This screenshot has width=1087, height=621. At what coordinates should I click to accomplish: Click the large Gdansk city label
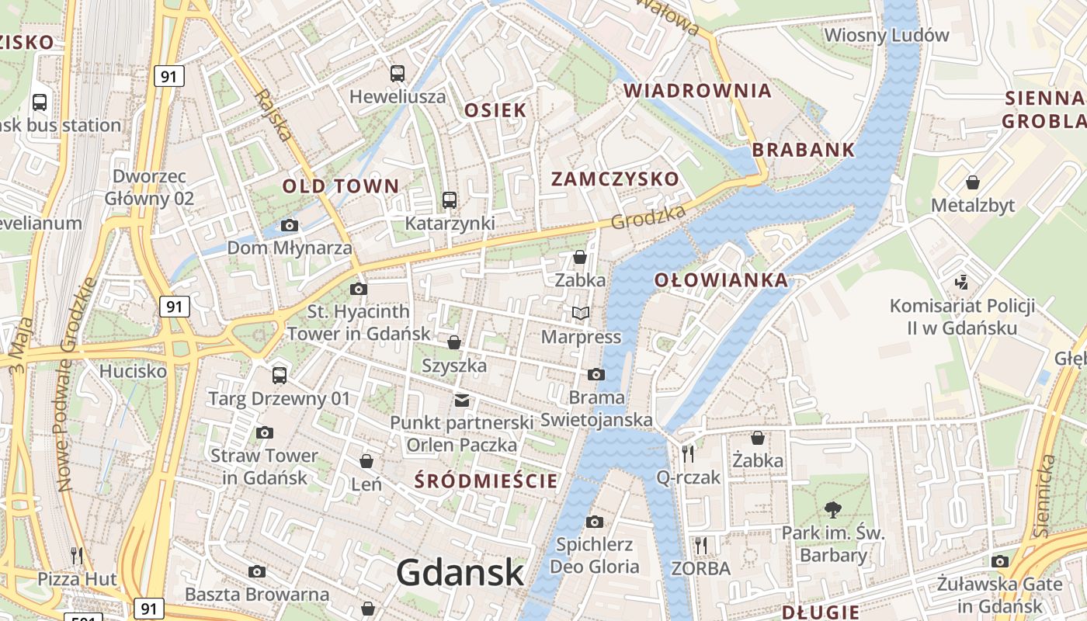point(460,573)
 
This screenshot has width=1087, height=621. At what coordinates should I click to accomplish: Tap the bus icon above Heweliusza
point(398,74)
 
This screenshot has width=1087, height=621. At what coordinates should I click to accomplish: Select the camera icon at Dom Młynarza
point(290,226)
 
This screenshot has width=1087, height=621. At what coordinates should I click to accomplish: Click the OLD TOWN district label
point(340,186)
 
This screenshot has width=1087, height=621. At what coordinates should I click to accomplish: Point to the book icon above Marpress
point(581,314)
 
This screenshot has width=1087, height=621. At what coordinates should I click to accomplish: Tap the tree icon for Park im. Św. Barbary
point(833,510)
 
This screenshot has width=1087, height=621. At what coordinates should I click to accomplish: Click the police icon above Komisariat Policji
point(962,282)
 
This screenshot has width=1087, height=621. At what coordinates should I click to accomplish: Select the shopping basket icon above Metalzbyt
point(972,182)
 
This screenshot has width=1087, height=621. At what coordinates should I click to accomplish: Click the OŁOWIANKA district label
point(721,280)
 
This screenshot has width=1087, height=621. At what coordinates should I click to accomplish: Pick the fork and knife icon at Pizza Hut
point(77,555)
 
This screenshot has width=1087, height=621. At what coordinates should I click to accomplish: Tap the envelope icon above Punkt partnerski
point(462,400)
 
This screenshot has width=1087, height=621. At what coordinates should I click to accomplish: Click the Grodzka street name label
point(648,217)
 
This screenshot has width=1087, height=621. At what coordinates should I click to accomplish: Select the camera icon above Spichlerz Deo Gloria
point(595,522)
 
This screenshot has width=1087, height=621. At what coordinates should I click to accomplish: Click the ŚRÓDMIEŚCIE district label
point(486,480)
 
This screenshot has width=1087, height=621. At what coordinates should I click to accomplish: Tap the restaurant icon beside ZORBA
point(701,545)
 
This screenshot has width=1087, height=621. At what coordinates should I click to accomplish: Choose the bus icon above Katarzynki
point(450,200)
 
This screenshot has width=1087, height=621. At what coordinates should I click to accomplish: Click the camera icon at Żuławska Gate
point(1000,561)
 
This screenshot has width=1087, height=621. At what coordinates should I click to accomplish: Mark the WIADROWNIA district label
point(697,91)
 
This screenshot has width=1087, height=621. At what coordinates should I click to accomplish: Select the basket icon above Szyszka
point(454,342)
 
